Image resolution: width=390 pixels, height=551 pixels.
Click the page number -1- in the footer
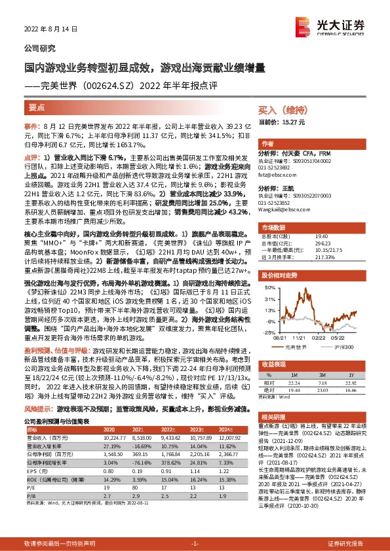[195, 544]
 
